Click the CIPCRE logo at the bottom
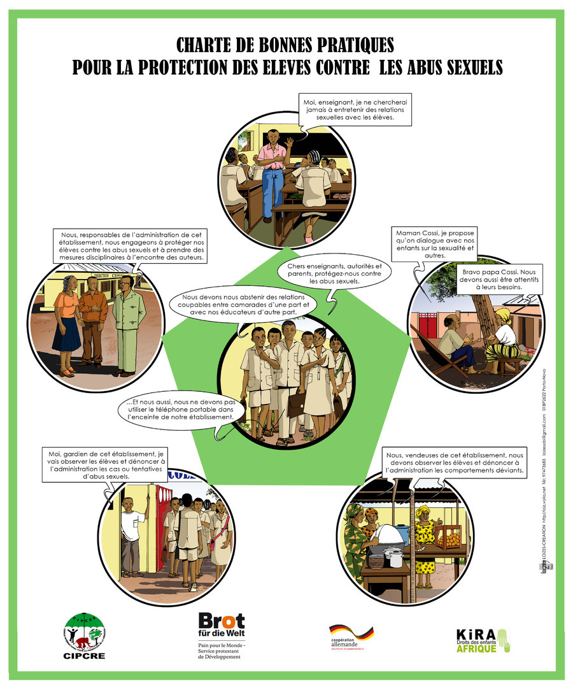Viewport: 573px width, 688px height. [84, 634]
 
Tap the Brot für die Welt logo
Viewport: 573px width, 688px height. [222, 633]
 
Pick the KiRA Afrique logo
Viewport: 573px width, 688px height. [483, 639]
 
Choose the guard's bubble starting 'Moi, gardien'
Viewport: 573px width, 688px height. [106, 464]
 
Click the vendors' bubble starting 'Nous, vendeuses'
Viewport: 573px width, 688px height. [455, 463]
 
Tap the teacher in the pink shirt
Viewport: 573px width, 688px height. [272, 172]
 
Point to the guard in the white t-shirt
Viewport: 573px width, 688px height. [132, 535]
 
